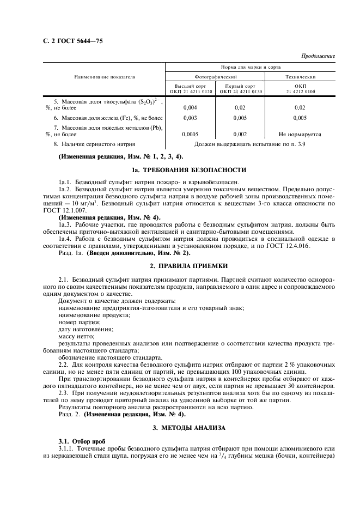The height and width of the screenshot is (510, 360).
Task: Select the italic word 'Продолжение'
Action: coord(318,56)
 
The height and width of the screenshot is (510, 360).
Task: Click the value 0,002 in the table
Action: coord(240,133)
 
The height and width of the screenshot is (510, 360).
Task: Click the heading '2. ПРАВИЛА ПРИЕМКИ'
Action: coord(189,265)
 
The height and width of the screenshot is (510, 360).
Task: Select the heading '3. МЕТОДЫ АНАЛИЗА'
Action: coord(189,428)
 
